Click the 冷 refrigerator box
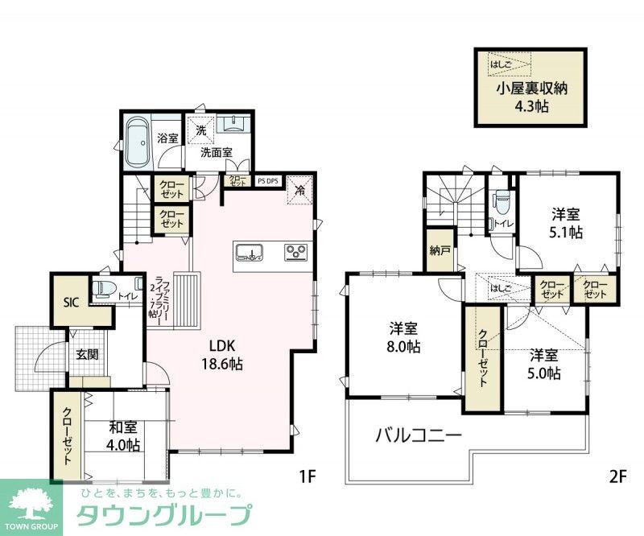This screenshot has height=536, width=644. click(299, 191)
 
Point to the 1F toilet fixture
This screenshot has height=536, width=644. click(104, 290)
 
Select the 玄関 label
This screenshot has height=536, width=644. click(87, 355)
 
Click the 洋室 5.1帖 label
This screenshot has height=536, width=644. click(567, 222)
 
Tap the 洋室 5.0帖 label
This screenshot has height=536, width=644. click(545, 364)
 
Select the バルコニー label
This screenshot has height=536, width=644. click(418, 437)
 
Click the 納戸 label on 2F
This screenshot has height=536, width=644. click(440, 250)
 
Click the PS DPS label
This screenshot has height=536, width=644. click(268, 181)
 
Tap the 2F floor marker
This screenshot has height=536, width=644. click(617, 476)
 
